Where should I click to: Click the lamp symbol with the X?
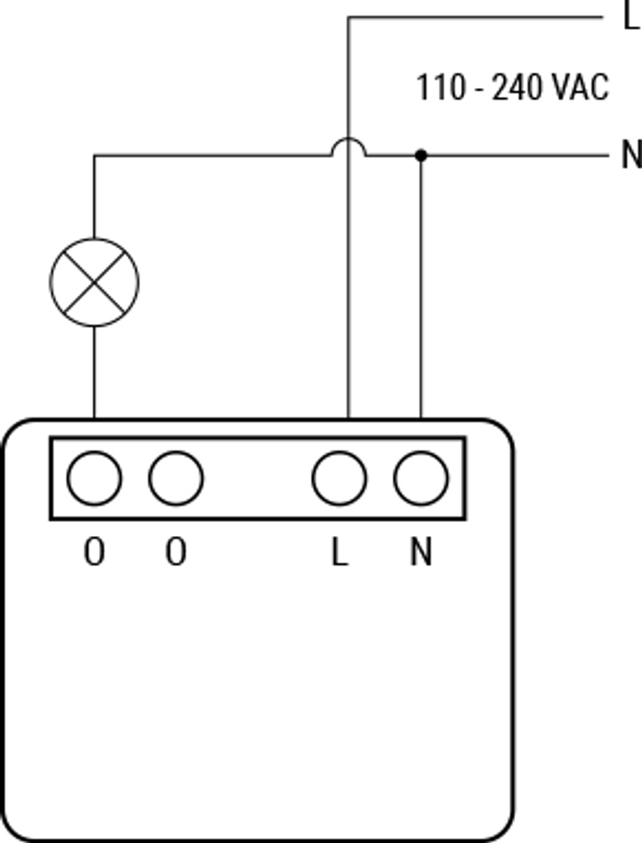(x=94, y=282)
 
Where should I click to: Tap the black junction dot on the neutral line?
(x=421, y=156)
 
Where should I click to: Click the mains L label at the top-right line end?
(x=630, y=16)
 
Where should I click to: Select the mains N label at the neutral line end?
(x=631, y=155)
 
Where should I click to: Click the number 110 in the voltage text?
(x=441, y=87)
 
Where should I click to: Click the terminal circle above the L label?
(x=339, y=478)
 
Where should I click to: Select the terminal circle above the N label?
(x=421, y=478)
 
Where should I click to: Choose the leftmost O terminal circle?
(x=94, y=478)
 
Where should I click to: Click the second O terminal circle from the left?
(x=176, y=478)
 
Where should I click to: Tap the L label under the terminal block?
(x=339, y=552)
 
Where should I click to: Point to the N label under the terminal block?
(x=421, y=552)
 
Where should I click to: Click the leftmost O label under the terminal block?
(x=94, y=552)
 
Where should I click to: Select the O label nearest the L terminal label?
(x=176, y=552)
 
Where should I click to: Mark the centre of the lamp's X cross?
(x=94, y=282)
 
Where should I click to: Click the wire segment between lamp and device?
(x=94, y=372)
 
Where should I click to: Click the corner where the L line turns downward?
(x=348, y=17)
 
